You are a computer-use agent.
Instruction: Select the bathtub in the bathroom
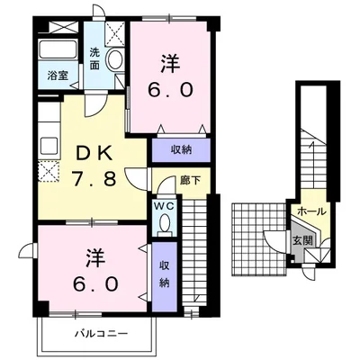pos(59,50)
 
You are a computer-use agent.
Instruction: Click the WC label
pos(164,206)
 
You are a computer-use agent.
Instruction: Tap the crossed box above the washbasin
pos(115,32)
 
